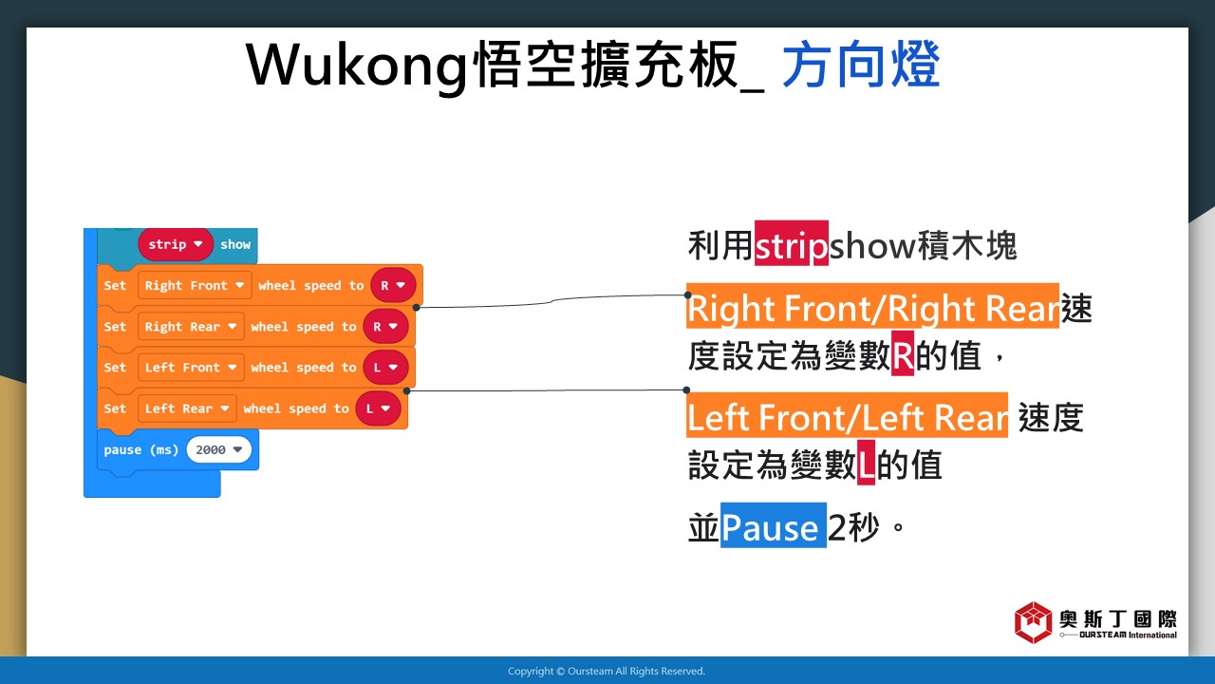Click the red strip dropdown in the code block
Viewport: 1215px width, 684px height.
point(176,244)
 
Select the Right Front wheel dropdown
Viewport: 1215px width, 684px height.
point(195,286)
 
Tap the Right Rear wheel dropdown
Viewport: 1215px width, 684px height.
point(191,327)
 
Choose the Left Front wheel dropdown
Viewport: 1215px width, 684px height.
point(191,368)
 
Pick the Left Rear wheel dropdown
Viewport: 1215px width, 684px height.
point(187,408)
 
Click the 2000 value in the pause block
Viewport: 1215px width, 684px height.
point(218,449)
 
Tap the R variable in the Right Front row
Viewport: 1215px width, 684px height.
point(393,286)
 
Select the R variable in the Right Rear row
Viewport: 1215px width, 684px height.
point(385,327)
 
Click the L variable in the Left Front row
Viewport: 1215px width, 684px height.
point(385,368)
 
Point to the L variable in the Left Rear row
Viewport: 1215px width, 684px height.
point(378,408)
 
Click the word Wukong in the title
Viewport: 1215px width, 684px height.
point(356,66)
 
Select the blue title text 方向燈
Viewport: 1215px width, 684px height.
point(861,64)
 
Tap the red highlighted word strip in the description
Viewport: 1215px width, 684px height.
point(792,243)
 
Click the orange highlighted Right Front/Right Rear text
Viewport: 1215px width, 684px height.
point(872,306)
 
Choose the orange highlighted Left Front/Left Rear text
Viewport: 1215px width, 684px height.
point(848,415)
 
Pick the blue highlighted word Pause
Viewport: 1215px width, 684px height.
point(774,525)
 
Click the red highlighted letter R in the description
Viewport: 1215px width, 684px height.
point(903,353)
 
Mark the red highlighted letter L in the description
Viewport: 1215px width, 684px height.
point(866,463)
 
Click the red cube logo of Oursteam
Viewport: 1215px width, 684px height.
point(1034,622)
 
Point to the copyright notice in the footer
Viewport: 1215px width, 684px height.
point(607,672)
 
